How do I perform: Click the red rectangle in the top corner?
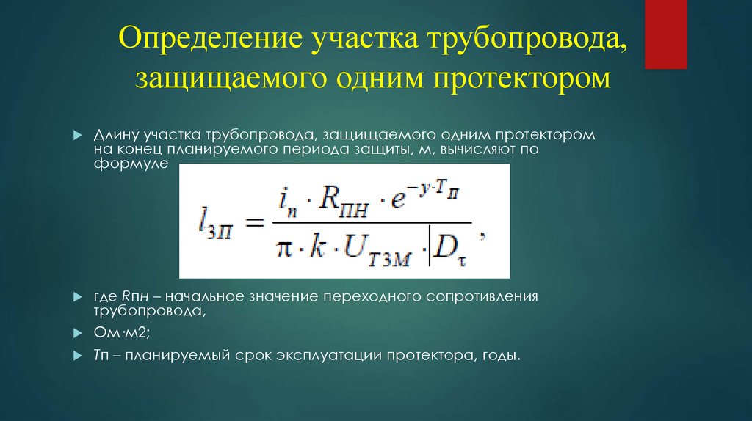pyautogui.click(x=665, y=34)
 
